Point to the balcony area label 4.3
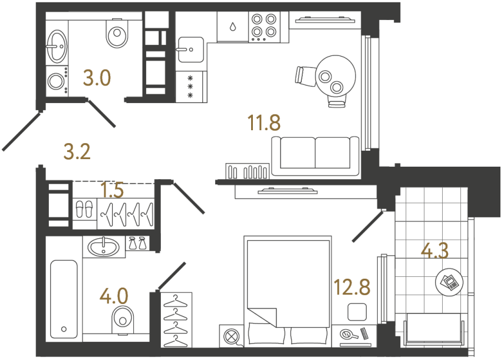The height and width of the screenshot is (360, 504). coord(435,251)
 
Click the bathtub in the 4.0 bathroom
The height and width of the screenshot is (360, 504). coord(63,299)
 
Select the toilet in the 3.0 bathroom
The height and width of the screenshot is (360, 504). coord(117,35)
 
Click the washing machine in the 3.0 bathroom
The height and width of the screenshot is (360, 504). coord(57,80)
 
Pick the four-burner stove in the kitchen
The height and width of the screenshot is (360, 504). coord(263,26)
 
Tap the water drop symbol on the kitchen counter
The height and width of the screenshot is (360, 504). coord(233,27)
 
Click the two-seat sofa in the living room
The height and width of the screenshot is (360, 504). coord(315,156)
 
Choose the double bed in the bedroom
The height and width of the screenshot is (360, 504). coord(287,289)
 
